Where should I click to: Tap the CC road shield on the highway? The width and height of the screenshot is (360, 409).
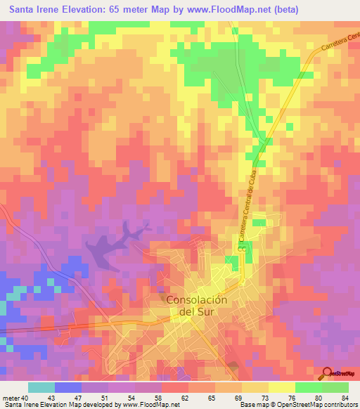coord(241,248)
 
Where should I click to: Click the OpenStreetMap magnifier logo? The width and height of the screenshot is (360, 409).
coord(328,373)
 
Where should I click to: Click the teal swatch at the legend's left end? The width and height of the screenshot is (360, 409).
coord(41,387)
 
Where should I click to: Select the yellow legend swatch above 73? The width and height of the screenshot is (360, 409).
coord(255,387)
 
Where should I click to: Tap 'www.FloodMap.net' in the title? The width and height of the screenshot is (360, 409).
coord(225,10)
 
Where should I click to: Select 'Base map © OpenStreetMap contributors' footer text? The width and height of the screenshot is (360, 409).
coord(295,404)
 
